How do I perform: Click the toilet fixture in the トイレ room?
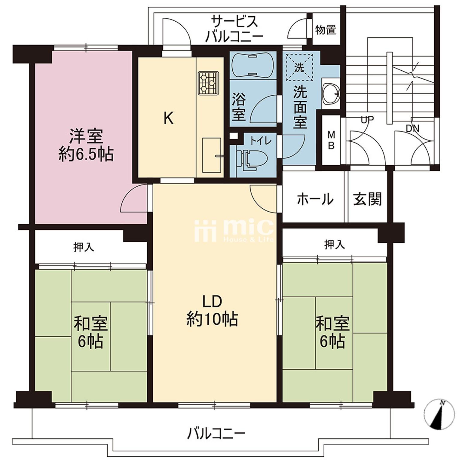[x=252, y=159]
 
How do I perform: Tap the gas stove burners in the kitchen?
[x=208, y=82]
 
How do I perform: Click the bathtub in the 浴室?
[x=252, y=65]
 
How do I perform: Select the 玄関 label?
[x=367, y=199]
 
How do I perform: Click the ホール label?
[x=315, y=199]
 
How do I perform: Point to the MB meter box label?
[x=331, y=140]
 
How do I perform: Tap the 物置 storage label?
[x=326, y=30]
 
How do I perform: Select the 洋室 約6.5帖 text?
[x=86, y=146]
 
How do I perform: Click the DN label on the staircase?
[x=412, y=129]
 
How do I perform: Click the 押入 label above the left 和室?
[x=84, y=247]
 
